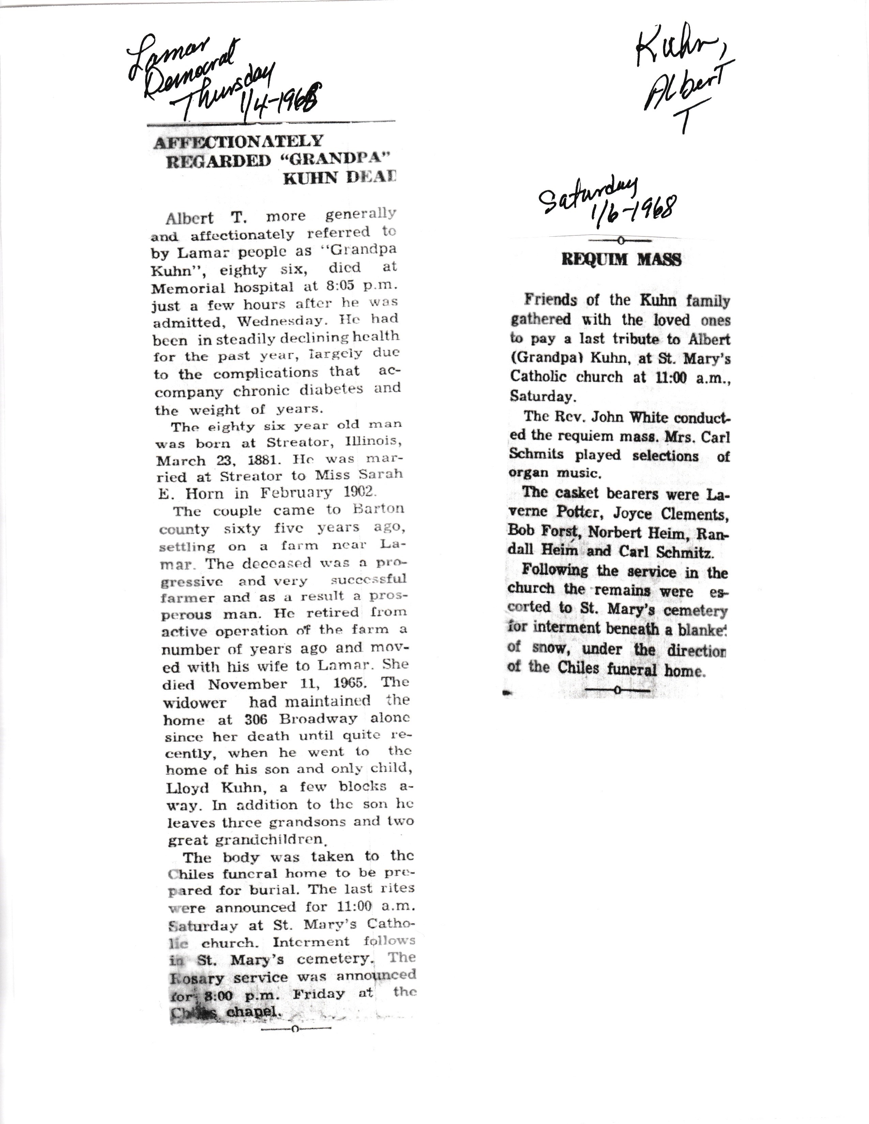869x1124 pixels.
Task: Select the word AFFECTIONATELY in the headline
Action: (238, 142)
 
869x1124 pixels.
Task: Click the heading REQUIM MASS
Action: (621, 260)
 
